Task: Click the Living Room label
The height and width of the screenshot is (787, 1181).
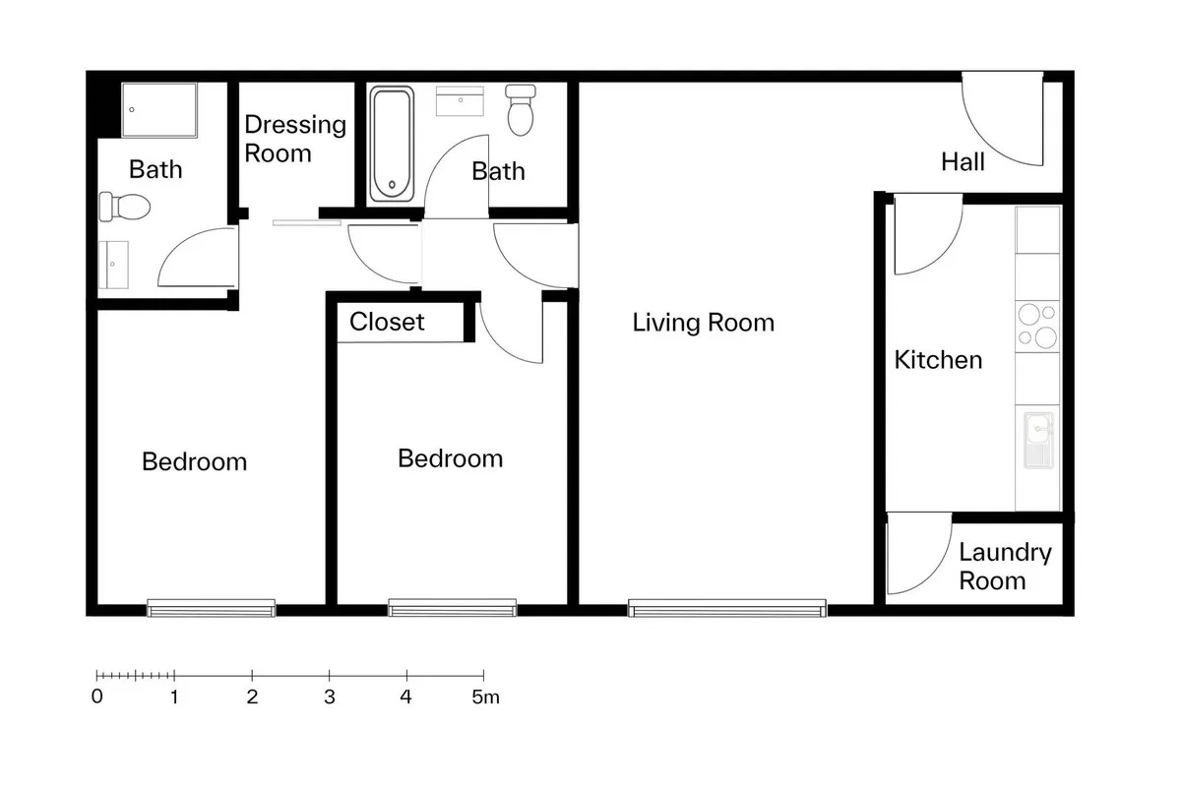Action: point(704,322)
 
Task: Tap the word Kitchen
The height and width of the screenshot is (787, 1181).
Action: point(938,360)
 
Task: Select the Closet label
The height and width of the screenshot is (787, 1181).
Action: point(387,322)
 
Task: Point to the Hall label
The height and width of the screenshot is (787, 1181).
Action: point(963,162)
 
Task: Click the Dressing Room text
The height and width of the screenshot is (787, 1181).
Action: point(295,139)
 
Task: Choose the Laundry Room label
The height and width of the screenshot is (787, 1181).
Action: point(1005,566)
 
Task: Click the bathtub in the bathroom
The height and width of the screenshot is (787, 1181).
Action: point(392,145)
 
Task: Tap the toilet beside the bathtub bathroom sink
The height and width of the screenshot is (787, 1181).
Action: point(521,109)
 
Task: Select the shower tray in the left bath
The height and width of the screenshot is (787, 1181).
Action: point(159,109)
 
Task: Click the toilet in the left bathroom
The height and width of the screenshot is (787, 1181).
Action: point(125,207)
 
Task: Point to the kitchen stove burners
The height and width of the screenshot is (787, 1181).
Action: point(1037,327)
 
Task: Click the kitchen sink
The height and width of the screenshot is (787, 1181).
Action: point(1038,440)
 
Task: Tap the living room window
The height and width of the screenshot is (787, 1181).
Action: point(727,608)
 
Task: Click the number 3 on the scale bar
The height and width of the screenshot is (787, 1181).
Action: point(330,696)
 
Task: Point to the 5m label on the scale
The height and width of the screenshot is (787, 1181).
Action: point(485,696)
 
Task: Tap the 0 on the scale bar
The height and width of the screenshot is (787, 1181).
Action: point(97,696)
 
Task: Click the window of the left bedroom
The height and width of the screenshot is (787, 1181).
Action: point(211,608)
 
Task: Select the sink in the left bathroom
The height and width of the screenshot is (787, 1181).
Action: point(113,265)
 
